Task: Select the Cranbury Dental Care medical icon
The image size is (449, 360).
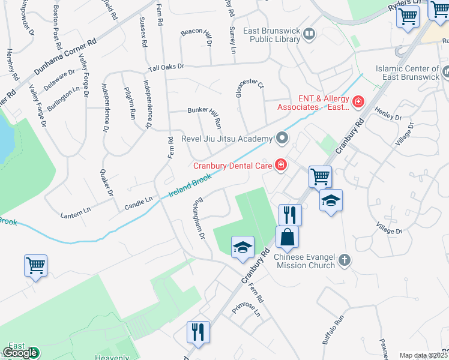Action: [x=280, y=164]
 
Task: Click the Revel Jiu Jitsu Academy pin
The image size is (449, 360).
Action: [x=282, y=139]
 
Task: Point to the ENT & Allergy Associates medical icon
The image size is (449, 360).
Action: [x=358, y=102]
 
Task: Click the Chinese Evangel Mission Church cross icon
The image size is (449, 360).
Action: [x=344, y=260]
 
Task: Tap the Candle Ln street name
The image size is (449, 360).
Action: [x=138, y=202]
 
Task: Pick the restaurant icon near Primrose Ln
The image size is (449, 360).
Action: [x=198, y=332]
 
